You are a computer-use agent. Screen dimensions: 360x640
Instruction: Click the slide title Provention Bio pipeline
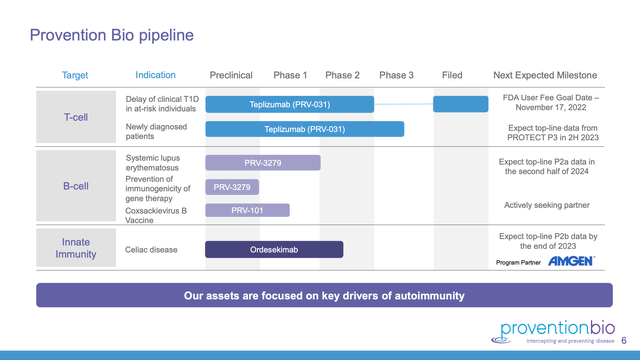(x=112, y=36)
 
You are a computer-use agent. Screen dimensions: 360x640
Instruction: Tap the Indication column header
(x=155, y=75)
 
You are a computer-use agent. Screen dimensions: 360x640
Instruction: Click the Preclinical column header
(x=231, y=75)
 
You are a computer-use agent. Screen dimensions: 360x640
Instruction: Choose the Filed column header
(x=452, y=75)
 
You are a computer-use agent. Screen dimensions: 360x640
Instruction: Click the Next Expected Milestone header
(x=545, y=75)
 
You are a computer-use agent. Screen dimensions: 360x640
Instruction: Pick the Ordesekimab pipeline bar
(x=274, y=250)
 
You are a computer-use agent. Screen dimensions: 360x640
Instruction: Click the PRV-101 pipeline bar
(x=247, y=210)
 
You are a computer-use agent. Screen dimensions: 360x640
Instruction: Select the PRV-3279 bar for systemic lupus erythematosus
(x=263, y=162)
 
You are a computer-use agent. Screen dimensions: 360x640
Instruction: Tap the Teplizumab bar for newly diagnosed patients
(x=305, y=129)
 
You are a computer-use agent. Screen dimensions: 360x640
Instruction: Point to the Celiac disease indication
(x=152, y=250)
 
